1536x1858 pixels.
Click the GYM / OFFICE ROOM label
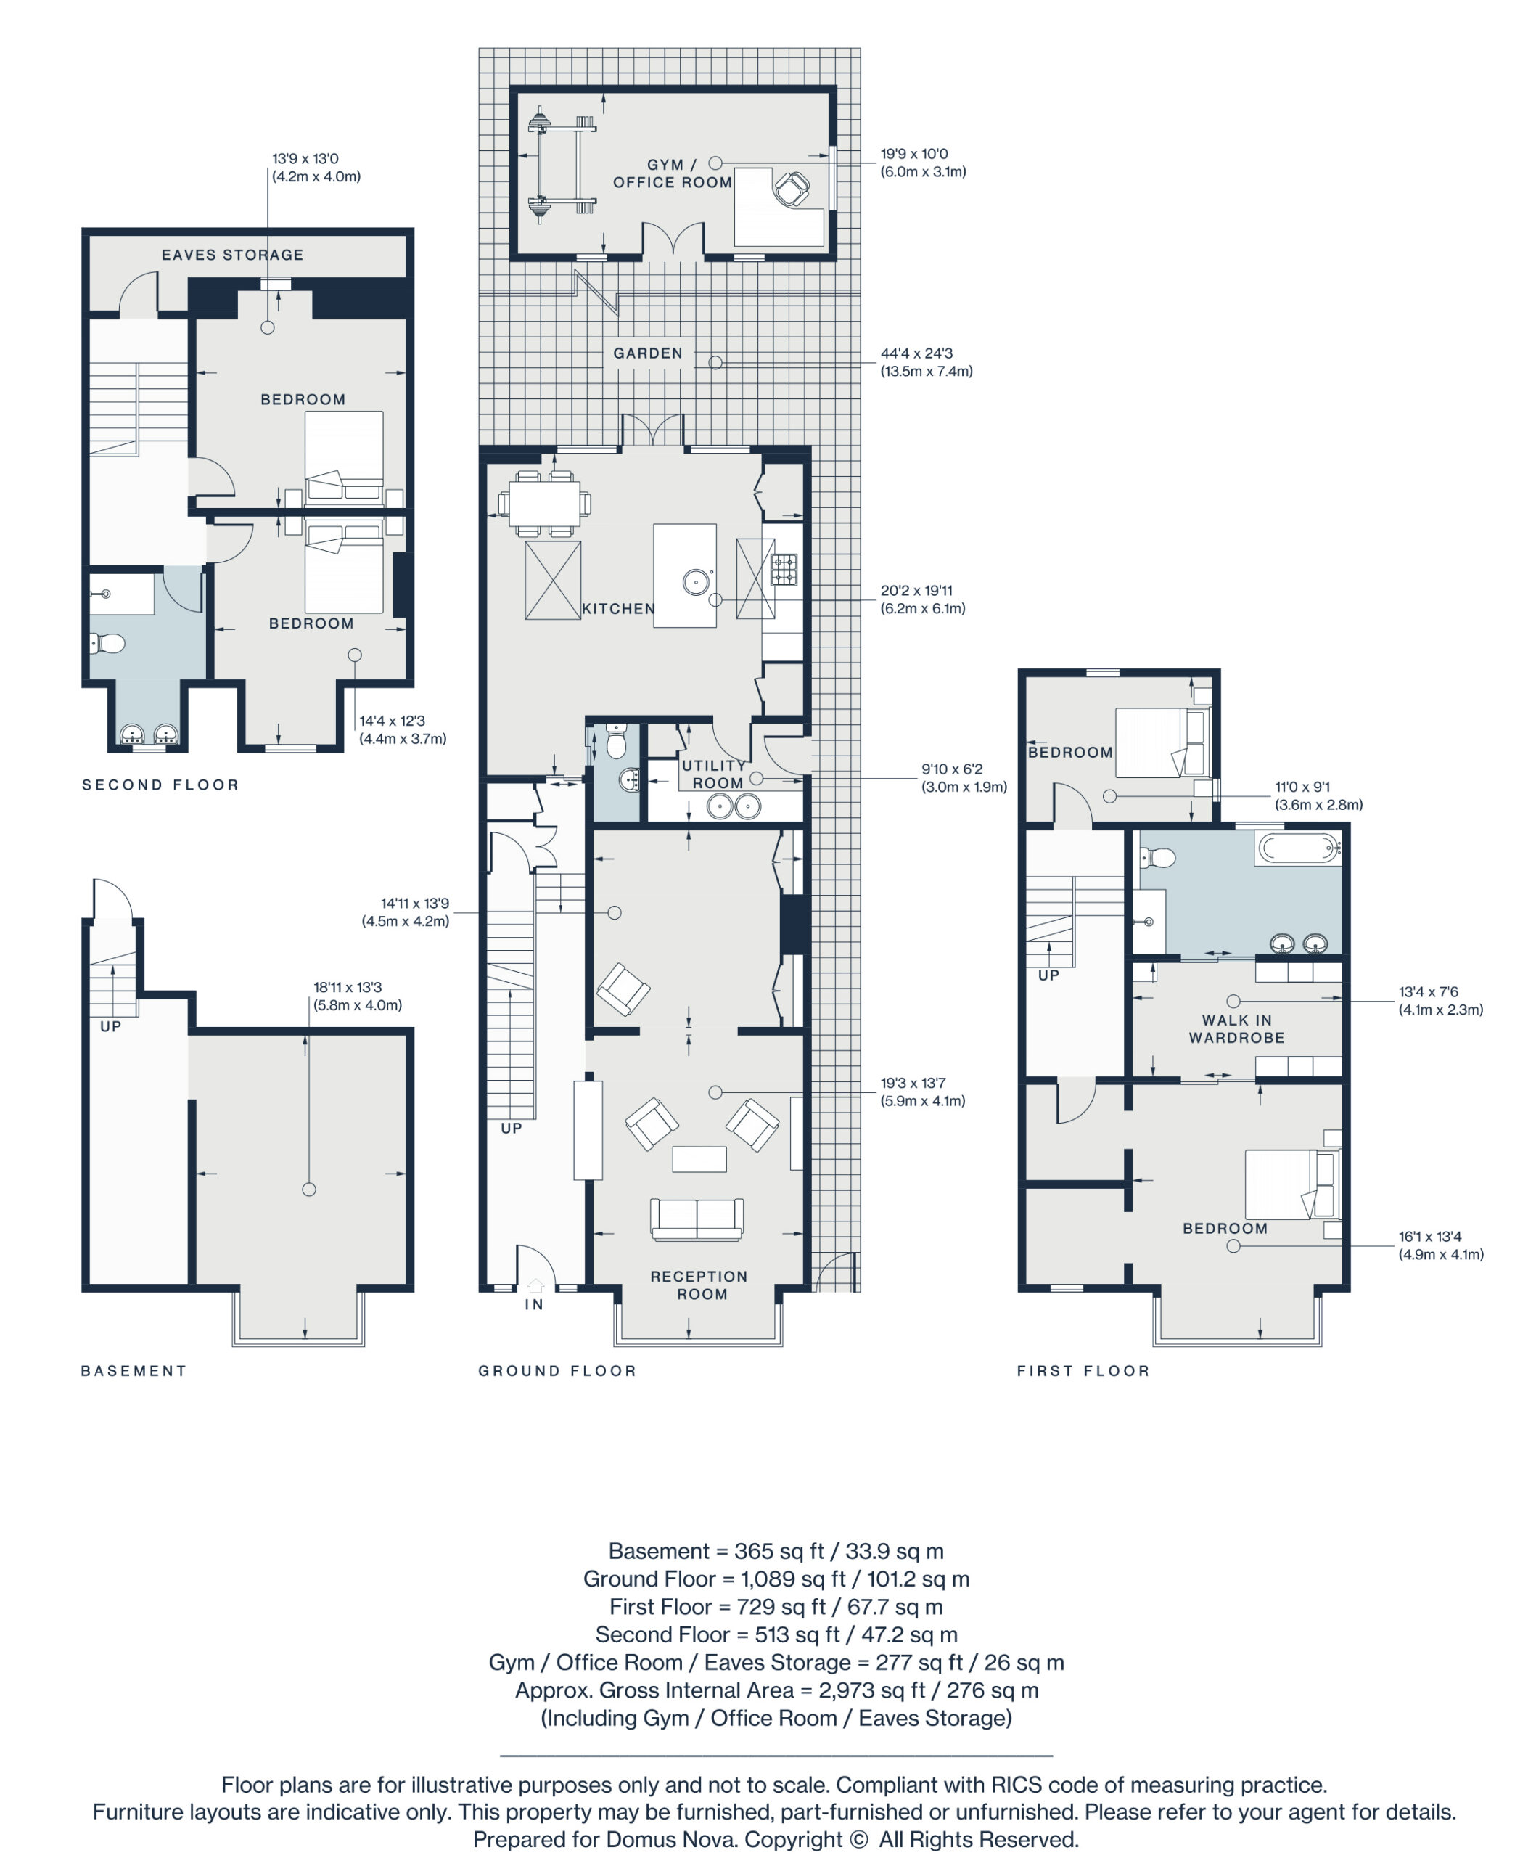pyautogui.click(x=672, y=173)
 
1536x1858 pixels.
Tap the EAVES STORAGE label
pyautogui.click(x=233, y=255)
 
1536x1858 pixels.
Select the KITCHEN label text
pyautogui.click(x=618, y=609)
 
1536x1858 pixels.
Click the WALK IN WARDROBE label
pyautogui.click(x=1236, y=1029)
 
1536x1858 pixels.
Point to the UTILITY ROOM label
pyautogui.click(x=715, y=774)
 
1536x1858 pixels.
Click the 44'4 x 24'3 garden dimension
pyautogui.click(x=926, y=362)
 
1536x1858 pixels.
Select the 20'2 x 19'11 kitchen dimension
pyautogui.click(x=922, y=599)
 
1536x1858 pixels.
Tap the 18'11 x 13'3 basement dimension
pyautogui.click(x=357, y=995)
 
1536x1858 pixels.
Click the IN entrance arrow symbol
pyautogui.click(x=535, y=1285)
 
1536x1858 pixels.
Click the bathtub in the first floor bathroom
pyautogui.click(x=1298, y=848)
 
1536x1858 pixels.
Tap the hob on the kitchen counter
pyautogui.click(x=784, y=569)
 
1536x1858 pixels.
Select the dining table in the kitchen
pyautogui.click(x=544, y=504)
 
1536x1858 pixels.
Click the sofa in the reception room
pyautogui.click(x=697, y=1219)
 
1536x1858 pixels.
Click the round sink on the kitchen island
pyautogui.click(x=695, y=581)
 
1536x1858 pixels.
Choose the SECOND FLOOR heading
pyautogui.click(x=160, y=785)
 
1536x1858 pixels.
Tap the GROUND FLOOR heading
pyautogui.click(x=557, y=1370)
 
